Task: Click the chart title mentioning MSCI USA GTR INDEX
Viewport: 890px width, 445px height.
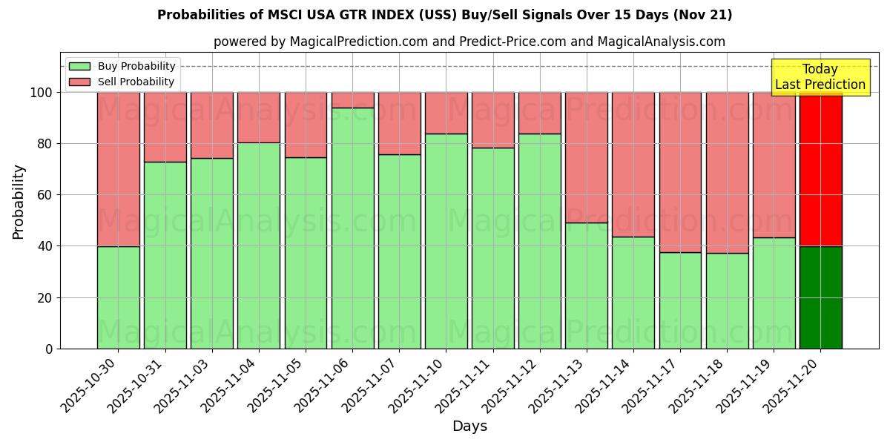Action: (444, 15)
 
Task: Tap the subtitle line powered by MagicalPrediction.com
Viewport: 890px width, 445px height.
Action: (469, 42)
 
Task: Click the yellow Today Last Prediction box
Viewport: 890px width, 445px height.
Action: (820, 77)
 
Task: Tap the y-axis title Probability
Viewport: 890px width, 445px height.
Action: (19, 202)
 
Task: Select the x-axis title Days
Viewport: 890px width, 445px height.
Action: (469, 426)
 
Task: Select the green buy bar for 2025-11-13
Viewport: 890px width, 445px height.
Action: (587, 286)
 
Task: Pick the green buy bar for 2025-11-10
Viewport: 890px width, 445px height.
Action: (446, 241)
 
